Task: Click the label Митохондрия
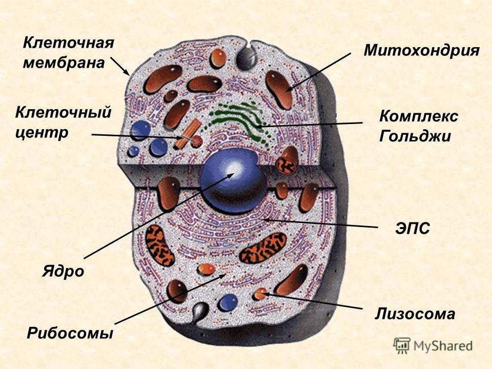click(x=421, y=50)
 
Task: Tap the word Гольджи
click(x=415, y=136)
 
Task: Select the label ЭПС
click(x=413, y=229)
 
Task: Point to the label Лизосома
click(x=415, y=313)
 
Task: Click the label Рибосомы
click(x=70, y=333)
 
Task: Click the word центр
click(x=42, y=133)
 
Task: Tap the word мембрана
click(x=64, y=63)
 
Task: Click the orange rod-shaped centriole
click(x=188, y=134)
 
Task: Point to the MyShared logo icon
click(x=402, y=346)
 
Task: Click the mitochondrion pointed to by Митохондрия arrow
click(x=279, y=90)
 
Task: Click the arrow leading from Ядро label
click(x=159, y=216)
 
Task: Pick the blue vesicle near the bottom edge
click(x=228, y=302)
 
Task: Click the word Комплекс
click(x=419, y=117)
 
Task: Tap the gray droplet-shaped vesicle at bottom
click(x=199, y=313)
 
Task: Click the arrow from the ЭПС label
click(x=320, y=223)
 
